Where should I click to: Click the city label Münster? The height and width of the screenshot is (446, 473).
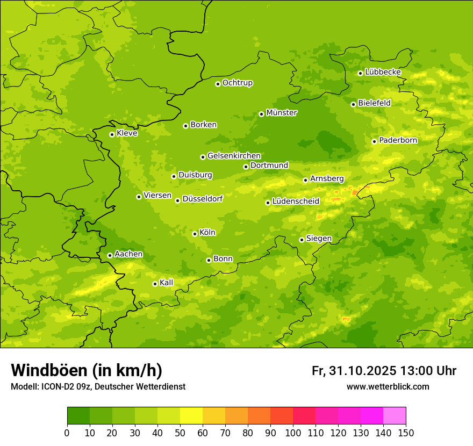[282, 113]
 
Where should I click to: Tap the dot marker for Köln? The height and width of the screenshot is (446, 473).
[195, 234]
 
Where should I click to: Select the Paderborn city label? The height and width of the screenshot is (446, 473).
[398, 140]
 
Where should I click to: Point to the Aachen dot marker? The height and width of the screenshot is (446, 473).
[110, 255]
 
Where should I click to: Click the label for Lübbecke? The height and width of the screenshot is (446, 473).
[383, 72]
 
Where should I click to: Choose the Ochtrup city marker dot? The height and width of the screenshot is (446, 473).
[218, 84]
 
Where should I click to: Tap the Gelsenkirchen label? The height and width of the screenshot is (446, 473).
[234, 156]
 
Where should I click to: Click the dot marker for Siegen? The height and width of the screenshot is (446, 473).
[302, 240]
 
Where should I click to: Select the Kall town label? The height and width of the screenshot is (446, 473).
[167, 283]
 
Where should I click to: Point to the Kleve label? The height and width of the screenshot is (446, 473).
[127, 133]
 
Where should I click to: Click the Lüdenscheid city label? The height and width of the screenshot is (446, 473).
[296, 202]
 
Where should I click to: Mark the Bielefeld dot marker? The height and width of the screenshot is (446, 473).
[353, 104]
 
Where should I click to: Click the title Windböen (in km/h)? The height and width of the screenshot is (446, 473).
[87, 370]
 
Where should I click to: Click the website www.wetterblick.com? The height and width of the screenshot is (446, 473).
[388, 386]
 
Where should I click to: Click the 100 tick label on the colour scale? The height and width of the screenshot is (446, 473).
[293, 433]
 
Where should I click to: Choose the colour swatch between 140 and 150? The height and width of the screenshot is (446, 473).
[395, 416]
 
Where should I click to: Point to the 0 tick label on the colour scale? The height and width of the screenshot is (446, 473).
[67, 433]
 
